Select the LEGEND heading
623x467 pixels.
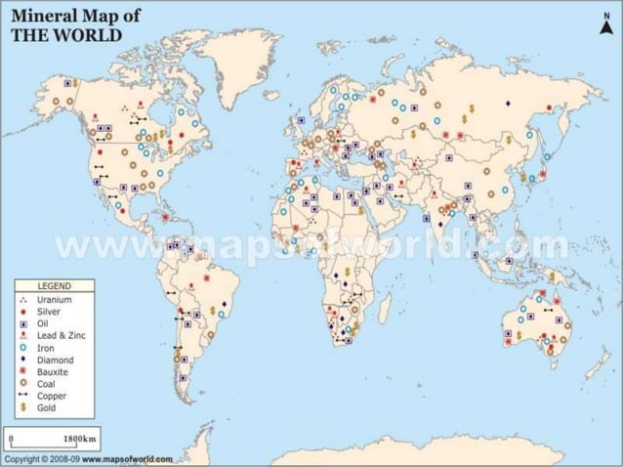(x=52, y=285)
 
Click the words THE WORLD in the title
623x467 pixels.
(x=65, y=33)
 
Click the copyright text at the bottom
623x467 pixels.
(x=88, y=458)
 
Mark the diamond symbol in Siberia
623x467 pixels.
(x=507, y=103)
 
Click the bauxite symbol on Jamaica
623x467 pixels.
(x=166, y=217)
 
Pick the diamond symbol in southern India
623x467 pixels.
(x=441, y=223)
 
